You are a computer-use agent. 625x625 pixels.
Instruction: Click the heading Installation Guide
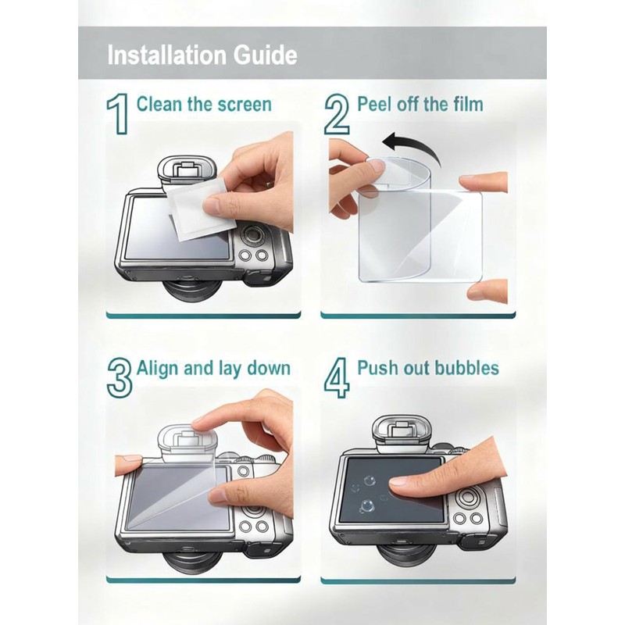[202, 55]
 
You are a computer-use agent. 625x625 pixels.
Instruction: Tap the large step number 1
[117, 114]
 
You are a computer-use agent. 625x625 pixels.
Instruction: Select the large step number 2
[336, 114]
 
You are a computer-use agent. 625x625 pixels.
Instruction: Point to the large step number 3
[119, 377]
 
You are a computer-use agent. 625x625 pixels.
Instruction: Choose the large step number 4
[337, 377]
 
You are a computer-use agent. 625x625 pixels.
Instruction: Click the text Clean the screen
[204, 104]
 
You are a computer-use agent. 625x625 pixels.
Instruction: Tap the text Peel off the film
[420, 104]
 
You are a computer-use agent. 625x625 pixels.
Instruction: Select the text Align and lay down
[213, 368]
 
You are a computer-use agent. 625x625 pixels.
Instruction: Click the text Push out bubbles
[428, 368]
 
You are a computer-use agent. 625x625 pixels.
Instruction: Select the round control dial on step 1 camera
[252, 234]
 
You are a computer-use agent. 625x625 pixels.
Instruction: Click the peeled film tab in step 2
[376, 166]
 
